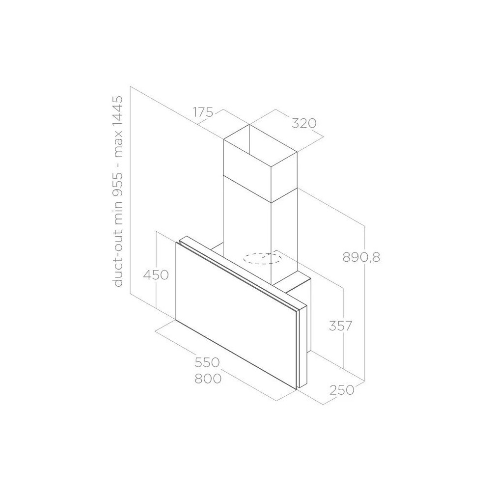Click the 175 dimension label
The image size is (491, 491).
pos(202,112)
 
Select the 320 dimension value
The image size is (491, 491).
pos(302,123)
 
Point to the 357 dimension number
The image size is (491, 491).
pos(340,326)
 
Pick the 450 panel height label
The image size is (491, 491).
pos(156,275)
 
